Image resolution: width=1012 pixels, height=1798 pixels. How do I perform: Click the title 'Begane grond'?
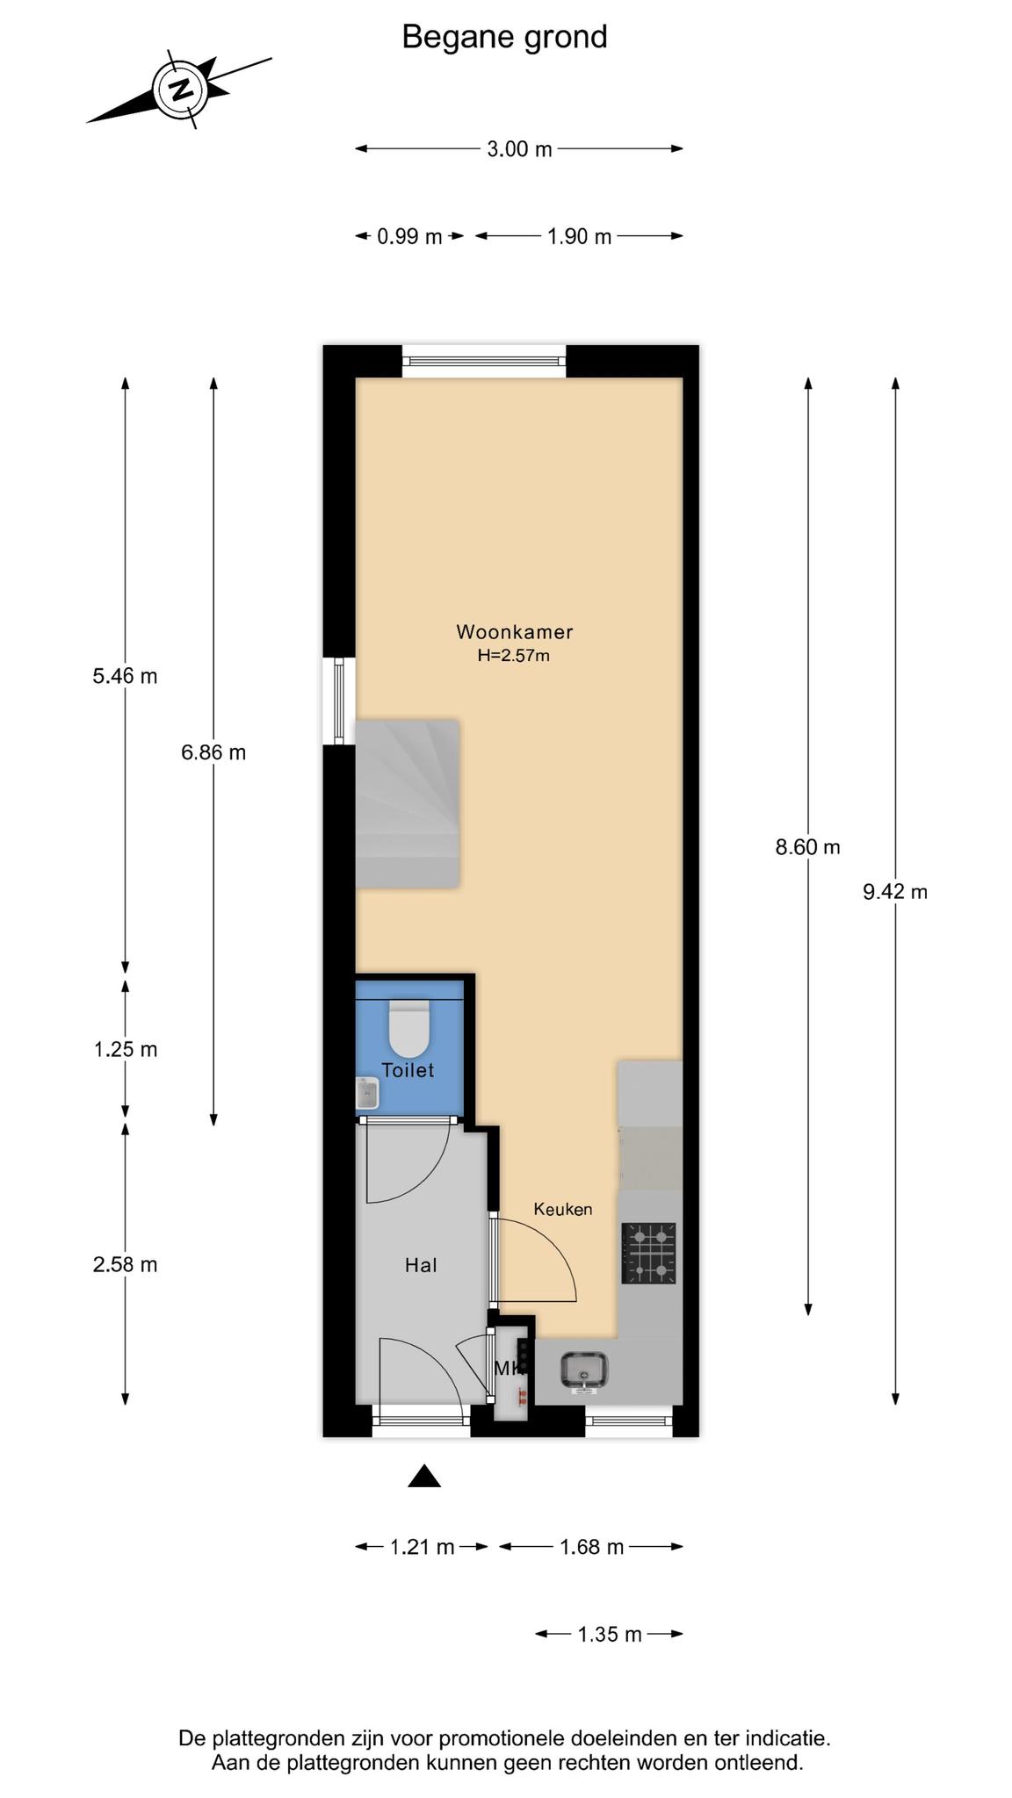point(504,38)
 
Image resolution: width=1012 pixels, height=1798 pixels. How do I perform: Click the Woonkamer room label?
point(515,632)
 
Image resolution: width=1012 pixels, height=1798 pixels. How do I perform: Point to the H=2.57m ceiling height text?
point(514,655)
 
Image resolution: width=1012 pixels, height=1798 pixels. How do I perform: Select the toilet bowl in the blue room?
point(408,1028)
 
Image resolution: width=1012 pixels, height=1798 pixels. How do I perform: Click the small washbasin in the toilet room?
point(367,1094)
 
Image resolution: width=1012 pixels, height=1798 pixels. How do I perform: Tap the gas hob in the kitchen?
point(649,1253)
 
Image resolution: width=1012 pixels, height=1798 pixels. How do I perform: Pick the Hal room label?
point(421,1265)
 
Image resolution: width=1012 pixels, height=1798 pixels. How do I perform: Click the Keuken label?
point(563,1209)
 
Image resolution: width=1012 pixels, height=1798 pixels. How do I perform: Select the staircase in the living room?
point(408,803)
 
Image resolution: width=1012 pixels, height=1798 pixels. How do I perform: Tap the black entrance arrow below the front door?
point(424,1476)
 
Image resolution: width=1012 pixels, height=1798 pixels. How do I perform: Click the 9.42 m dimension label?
point(895,892)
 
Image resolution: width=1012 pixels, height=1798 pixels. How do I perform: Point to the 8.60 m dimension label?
point(807,847)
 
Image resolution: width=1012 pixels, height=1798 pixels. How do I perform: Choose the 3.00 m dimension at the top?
point(519,149)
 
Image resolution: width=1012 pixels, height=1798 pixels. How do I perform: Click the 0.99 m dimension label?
point(409,236)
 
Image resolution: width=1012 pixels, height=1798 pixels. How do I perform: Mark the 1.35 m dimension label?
point(610,1635)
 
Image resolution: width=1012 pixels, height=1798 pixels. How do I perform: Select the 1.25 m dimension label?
point(126,1050)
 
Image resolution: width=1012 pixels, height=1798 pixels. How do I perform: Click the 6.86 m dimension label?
point(213,752)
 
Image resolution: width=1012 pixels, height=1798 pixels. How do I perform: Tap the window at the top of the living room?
point(484,360)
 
